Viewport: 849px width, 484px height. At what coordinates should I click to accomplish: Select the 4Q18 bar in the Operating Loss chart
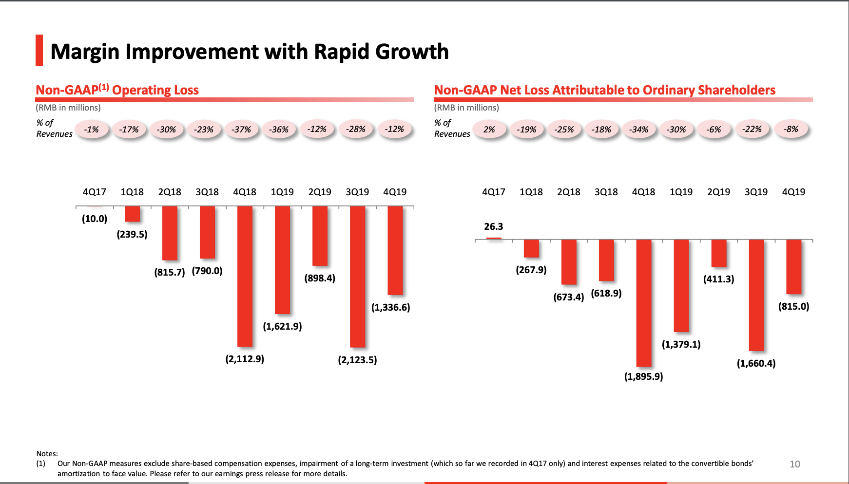point(245,276)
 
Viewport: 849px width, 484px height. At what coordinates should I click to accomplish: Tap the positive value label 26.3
point(493,226)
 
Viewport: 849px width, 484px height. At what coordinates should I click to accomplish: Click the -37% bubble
point(241,130)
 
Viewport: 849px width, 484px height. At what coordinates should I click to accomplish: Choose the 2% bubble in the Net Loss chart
point(489,130)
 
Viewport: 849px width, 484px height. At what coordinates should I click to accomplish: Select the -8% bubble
point(791,129)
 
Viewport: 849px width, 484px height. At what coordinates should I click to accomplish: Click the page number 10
point(794,464)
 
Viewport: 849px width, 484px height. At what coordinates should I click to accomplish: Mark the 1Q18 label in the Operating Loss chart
point(132,192)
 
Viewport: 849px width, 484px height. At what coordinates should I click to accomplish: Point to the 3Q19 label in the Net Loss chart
point(756,192)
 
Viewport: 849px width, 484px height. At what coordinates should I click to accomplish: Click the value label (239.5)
point(132,234)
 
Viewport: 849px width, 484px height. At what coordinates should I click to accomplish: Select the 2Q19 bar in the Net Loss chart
point(718,253)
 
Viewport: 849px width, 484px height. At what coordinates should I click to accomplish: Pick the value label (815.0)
point(793,306)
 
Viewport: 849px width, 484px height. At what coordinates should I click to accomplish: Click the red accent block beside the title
point(39,50)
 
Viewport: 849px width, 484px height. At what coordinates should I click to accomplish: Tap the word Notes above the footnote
point(47,453)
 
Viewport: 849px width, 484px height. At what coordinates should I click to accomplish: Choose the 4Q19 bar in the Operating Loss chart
point(395,250)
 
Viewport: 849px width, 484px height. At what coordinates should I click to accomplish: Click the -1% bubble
point(91,130)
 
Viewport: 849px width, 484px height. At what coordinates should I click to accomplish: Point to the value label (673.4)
point(568,297)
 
